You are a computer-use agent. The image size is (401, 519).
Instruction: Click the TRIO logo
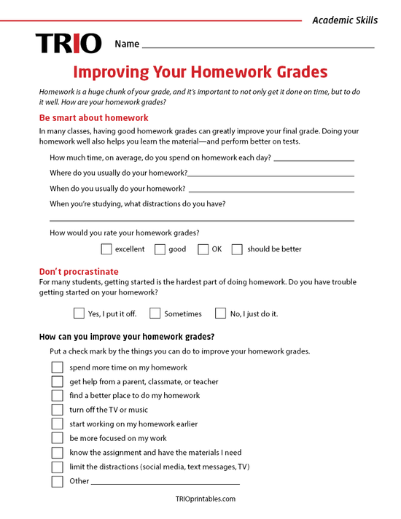(x=69, y=44)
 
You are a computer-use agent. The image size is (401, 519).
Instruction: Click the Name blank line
(x=258, y=46)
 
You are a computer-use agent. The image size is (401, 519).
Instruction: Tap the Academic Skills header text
(x=345, y=20)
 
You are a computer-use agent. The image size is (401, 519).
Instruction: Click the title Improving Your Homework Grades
(x=200, y=72)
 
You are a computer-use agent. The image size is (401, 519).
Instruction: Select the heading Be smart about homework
(x=93, y=117)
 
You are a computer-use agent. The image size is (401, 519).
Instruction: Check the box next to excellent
(x=106, y=249)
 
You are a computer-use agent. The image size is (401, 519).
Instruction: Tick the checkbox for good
(x=160, y=249)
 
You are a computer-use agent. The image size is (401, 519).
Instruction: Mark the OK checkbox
(x=203, y=249)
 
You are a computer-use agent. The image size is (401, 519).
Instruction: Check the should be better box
(x=237, y=249)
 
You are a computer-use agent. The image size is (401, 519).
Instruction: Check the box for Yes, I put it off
(x=79, y=313)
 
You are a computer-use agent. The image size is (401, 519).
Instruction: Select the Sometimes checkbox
(x=155, y=313)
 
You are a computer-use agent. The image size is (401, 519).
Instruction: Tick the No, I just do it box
(x=220, y=313)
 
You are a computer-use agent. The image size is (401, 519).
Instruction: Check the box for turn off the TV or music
(x=57, y=410)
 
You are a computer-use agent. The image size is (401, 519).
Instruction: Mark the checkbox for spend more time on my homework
(x=57, y=367)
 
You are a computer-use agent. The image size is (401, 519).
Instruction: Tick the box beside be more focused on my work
(x=57, y=438)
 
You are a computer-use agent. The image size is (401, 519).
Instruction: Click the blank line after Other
(x=166, y=483)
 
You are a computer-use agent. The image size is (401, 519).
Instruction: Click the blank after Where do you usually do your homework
(x=270, y=175)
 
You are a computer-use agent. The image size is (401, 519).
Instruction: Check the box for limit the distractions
(x=57, y=467)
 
